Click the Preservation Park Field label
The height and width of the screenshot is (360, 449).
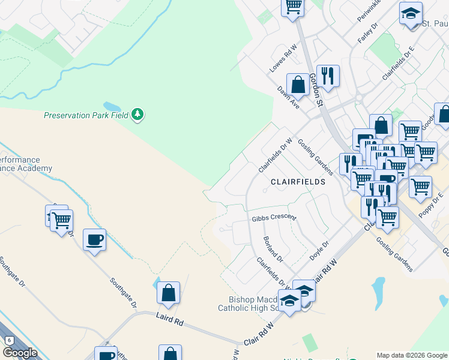tap(86, 115)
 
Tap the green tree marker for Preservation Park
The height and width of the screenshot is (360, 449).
tap(137, 114)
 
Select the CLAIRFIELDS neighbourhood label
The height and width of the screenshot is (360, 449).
tap(298, 181)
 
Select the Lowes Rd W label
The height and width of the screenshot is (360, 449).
tap(283, 59)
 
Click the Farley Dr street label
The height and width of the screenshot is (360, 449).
tap(367, 32)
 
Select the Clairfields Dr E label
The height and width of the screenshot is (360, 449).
tap(399, 64)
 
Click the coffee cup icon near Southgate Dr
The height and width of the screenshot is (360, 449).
tap(95, 241)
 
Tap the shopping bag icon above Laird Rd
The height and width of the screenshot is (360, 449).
tap(169, 293)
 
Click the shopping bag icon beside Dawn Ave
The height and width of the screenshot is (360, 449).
tap(298, 85)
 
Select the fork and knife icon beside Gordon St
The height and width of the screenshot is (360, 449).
tap(328, 76)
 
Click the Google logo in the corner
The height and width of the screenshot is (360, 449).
tap(19, 353)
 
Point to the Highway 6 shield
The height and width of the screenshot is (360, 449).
tap(8, 341)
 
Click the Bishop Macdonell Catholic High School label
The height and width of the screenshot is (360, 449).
tap(252, 304)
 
